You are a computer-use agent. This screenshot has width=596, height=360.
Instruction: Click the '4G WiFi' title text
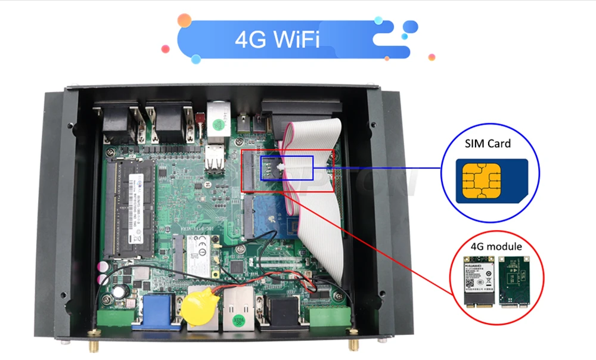(277, 41)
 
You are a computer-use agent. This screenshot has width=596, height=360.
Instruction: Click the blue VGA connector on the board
(157, 311)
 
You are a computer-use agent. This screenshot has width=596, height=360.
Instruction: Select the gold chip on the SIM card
(480, 179)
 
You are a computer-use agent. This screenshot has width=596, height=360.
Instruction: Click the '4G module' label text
(496, 246)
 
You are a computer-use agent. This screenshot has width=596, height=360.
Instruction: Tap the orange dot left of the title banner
(184, 21)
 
